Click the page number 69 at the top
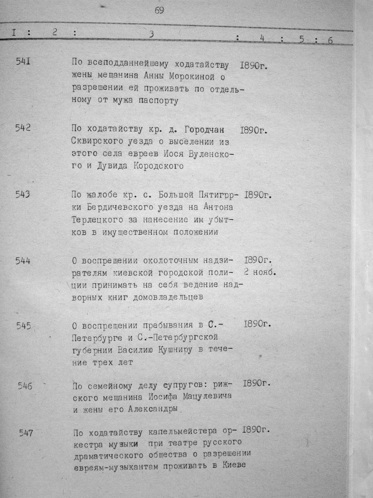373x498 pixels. (x=159, y=11)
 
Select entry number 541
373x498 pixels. (x=23, y=62)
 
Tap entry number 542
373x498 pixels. (x=23, y=128)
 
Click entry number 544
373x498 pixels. (x=23, y=260)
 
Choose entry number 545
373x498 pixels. (x=24, y=326)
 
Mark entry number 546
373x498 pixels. (x=25, y=386)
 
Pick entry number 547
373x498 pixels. (x=26, y=433)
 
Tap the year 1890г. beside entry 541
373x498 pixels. (x=254, y=66)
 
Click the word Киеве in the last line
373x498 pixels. (x=233, y=465)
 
